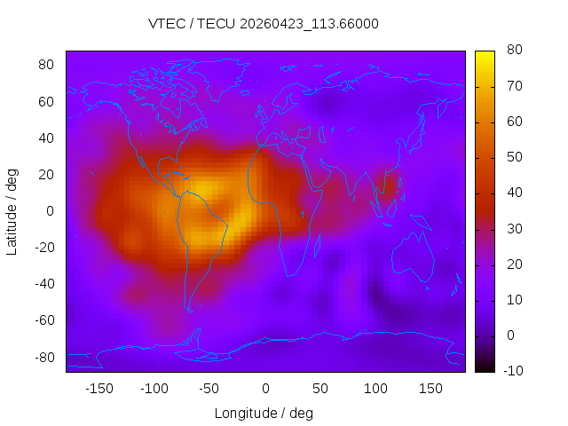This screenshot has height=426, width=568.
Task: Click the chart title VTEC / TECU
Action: point(192,24)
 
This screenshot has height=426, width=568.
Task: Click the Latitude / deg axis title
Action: point(12,212)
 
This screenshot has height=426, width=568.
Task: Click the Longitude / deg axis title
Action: point(264,414)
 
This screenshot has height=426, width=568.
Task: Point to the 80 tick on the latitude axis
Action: point(46,65)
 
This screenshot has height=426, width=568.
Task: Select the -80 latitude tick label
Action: point(44,358)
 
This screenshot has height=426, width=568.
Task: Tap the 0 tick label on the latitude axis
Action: point(51,211)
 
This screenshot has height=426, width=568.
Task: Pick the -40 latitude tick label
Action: point(44,284)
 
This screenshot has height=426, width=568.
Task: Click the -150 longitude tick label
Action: point(99,389)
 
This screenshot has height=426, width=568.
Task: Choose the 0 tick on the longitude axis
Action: point(265,389)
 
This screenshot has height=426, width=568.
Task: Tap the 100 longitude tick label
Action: point(375,389)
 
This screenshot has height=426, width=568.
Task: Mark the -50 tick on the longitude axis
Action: point(209,389)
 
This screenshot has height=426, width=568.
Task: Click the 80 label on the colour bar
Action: point(515,50)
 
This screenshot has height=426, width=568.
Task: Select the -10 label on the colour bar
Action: point(513,371)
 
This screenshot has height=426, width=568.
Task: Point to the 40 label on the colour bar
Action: point(515,193)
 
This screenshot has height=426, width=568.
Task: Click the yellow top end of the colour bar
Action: point(485,53)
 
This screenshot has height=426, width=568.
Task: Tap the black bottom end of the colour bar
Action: point(485,370)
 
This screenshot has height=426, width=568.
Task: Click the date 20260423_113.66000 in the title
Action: point(309,24)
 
